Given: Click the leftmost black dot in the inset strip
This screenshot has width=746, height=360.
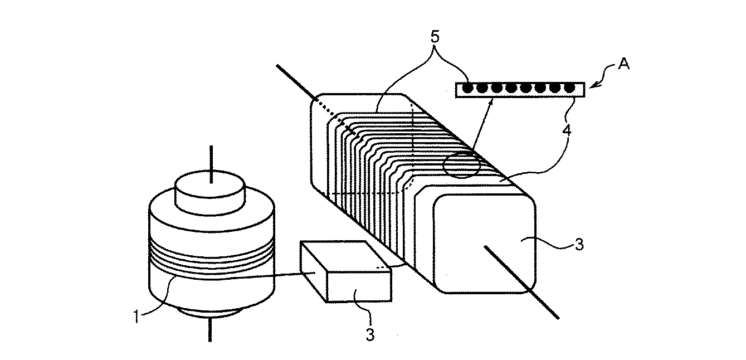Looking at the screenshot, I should [468, 87].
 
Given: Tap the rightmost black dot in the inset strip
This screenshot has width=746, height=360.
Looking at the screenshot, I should [569, 87].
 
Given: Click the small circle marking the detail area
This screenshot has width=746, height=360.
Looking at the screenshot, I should [461, 163].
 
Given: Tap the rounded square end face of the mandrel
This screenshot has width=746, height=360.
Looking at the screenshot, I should [484, 243].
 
